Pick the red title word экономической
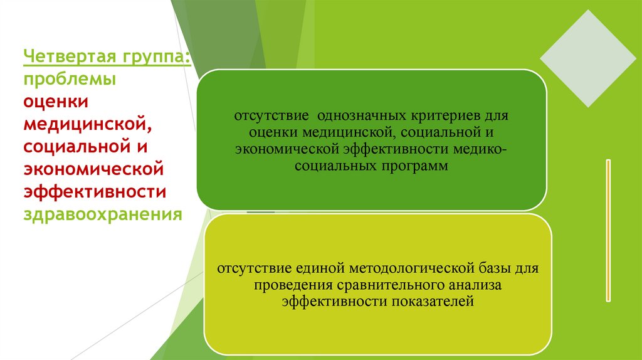coord(93,169)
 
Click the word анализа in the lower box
coord(475,285)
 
